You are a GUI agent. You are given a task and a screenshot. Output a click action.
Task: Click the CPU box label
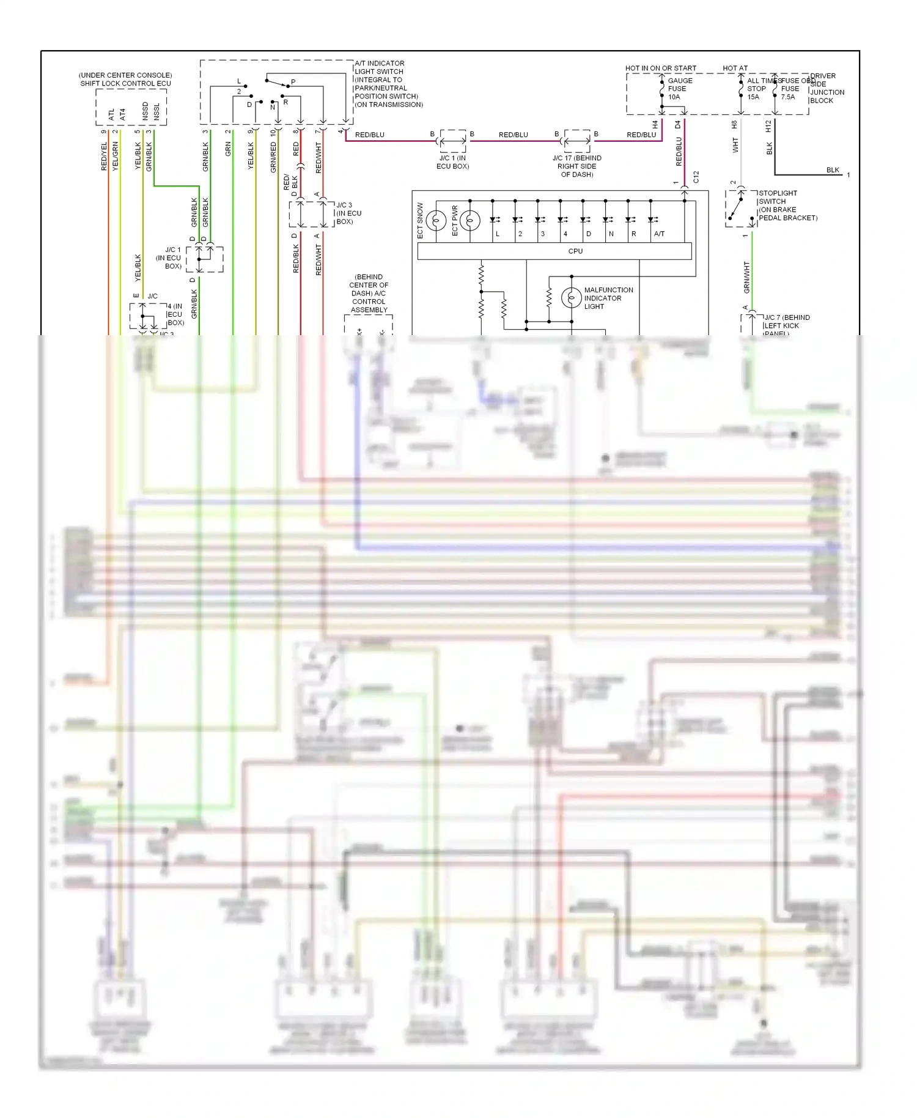[x=575, y=251]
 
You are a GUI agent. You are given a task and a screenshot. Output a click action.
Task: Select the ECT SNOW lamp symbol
[x=436, y=220]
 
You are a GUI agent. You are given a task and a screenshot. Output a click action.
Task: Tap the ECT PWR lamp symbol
[x=470, y=220]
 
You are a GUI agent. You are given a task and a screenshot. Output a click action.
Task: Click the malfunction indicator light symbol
[x=571, y=298]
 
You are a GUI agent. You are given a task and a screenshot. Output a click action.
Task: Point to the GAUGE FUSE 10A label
[x=679, y=89]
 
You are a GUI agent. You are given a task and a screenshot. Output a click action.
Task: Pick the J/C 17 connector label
[x=576, y=166]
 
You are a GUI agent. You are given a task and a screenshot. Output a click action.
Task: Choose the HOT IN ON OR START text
[x=660, y=68]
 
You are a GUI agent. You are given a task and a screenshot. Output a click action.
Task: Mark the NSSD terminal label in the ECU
[x=145, y=111]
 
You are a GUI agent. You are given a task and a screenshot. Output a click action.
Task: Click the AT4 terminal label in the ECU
[x=122, y=114]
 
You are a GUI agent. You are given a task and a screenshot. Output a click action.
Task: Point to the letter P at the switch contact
[x=293, y=82]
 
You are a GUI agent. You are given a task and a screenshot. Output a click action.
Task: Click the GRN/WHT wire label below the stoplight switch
[x=746, y=277]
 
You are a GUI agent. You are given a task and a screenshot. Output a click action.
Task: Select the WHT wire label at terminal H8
[x=735, y=145]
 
